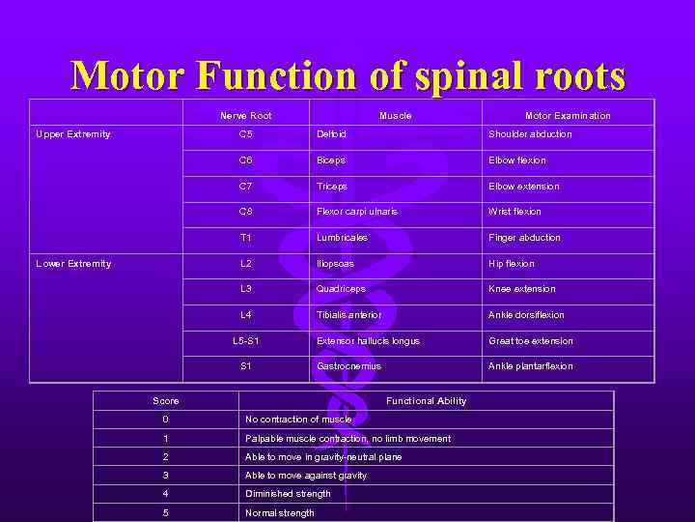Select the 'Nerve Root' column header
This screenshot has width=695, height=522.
(x=246, y=116)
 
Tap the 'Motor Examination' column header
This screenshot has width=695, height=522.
(x=568, y=116)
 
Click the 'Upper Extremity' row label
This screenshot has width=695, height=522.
(x=73, y=134)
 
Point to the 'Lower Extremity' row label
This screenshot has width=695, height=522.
(x=73, y=264)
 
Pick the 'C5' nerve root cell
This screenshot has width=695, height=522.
(x=246, y=134)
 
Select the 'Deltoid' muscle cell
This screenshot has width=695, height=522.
(x=331, y=134)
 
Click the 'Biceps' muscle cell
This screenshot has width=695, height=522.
(x=330, y=160)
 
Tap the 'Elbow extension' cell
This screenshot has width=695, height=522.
(x=523, y=187)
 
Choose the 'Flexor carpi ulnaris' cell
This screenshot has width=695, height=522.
(x=356, y=212)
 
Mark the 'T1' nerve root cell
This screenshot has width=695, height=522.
(x=246, y=238)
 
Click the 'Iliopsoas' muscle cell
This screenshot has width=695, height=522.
(x=335, y=264)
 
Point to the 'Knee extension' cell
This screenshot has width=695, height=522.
(x=521, y=289)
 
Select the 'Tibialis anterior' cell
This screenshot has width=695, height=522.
(x=348, y=315)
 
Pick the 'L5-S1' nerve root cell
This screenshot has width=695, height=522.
(x=246, y=341)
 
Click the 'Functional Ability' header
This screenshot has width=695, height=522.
(x=426, y=401)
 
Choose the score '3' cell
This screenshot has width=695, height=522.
(x=166, y=476)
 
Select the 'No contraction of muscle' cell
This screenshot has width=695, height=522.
(x=298, y=420)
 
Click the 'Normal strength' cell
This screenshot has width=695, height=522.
(x=280, y=513)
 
